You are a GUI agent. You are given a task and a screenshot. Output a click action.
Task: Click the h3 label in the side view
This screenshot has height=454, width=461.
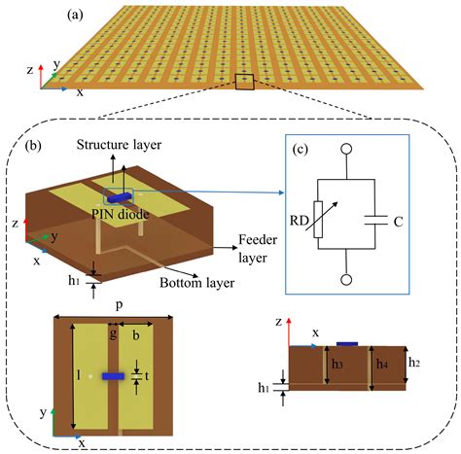coord(336,364)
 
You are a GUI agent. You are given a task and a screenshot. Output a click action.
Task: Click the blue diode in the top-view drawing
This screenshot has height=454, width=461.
coord(113,375)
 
